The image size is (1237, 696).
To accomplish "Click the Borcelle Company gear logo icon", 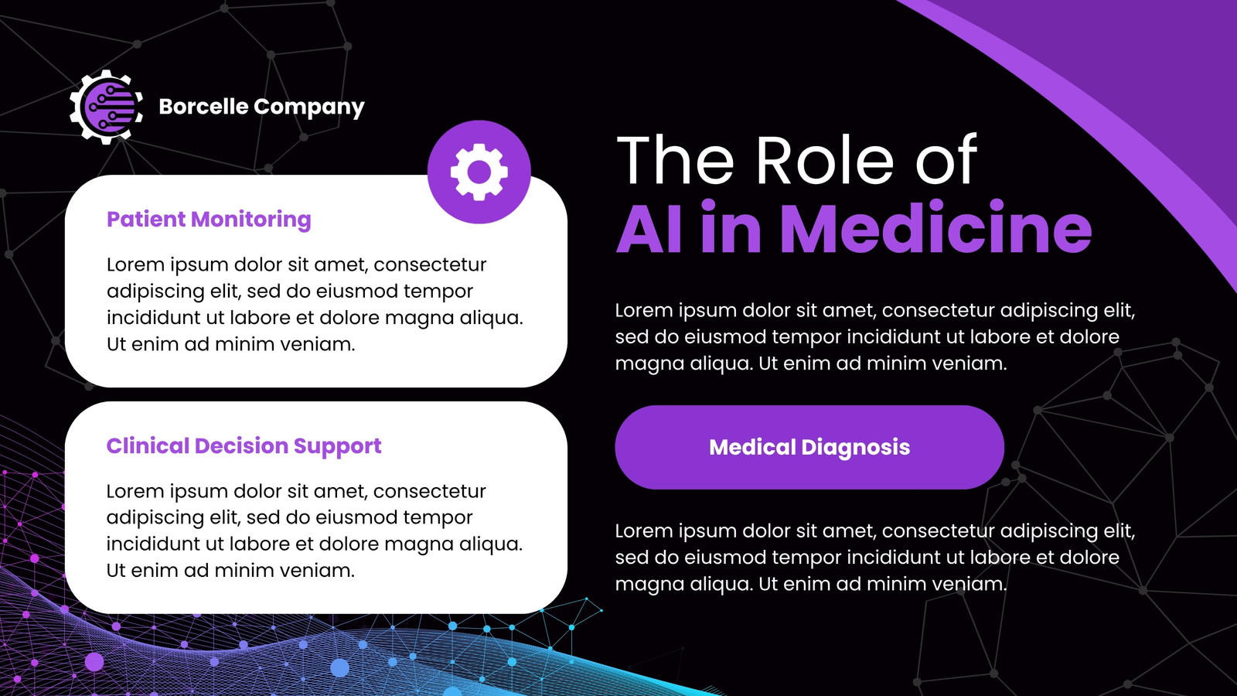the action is [106, 107].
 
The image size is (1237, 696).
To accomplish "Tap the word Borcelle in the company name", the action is [203, 106].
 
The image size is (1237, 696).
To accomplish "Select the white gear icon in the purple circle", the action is [479, 172].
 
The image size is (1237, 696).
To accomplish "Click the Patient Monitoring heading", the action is [209, 220].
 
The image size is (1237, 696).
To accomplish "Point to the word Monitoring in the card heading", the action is [251, 220].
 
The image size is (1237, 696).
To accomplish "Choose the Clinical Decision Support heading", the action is [244, 445].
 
